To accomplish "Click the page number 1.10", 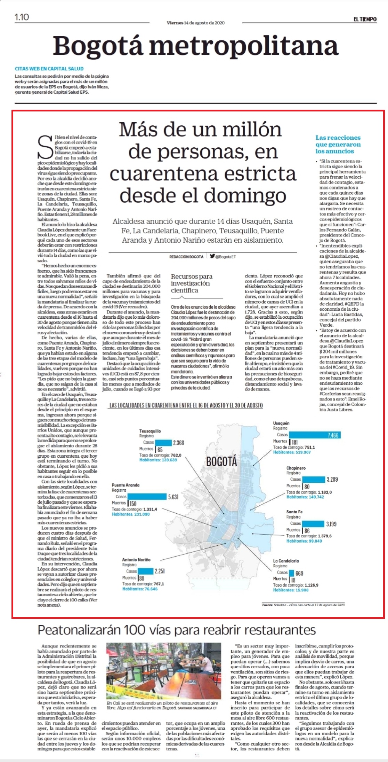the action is coord(22,17).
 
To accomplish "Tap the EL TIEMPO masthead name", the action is coord(365,19).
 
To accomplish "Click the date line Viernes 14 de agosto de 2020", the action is coord(195,23).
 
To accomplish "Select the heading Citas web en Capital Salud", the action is coord(49,69).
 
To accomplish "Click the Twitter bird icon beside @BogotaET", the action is coord(212,256).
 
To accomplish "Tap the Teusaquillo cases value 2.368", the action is coord(178,443).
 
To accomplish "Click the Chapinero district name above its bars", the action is coord(296,468).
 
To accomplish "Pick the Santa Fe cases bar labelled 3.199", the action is coord(313,524).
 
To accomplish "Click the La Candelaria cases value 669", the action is coord(299,573).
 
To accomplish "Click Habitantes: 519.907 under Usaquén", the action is coord(292,452).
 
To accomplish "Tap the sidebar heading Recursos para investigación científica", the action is coord(192,283).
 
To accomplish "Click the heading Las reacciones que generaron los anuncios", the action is coord(338,145).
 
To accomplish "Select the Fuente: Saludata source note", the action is coord(304,605).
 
